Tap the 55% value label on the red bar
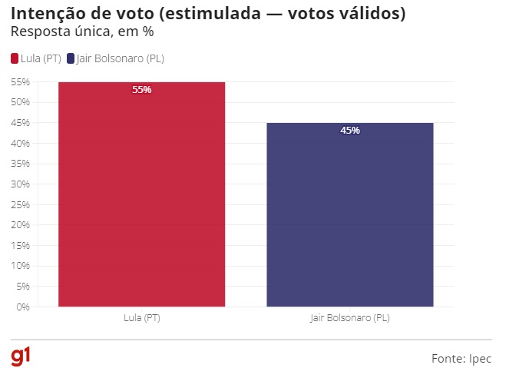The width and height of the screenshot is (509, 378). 142,90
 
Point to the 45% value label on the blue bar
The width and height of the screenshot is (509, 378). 350,131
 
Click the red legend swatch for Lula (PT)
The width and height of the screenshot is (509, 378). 15,58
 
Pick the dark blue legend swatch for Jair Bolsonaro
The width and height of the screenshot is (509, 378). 71,58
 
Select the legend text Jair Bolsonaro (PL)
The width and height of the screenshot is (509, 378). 121,58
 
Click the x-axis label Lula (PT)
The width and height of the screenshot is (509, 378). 142,317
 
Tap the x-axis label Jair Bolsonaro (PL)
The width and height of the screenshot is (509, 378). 350,317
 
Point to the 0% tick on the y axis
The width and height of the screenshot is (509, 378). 22,307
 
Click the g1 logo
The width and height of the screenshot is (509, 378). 21,357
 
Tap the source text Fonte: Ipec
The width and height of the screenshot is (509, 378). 461,359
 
